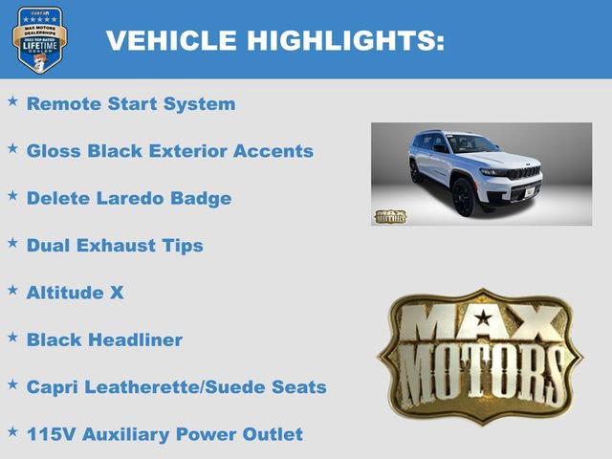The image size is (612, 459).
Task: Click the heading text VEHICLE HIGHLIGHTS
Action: (274, 40)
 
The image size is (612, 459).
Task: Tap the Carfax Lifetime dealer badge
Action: (39, 39)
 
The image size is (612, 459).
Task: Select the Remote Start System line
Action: (130, 104)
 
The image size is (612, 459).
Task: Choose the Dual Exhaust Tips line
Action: (115, 245)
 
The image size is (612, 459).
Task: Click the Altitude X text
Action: (75, 293)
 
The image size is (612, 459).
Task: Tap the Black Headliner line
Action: (104, 339)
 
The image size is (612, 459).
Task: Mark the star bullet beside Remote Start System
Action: (12, 100)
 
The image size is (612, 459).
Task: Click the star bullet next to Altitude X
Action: (12, 289)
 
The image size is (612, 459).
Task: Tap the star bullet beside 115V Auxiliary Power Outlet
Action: (12, 430)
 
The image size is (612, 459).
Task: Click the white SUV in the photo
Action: (473, 170)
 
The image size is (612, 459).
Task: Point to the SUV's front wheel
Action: (464, 197)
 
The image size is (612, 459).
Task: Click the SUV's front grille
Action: (522, 174)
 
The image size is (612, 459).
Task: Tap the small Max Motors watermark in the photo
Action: (389, 216)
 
